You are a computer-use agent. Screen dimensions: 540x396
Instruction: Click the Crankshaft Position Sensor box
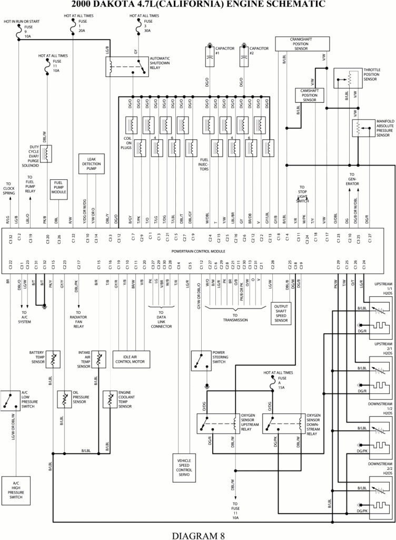click(x=302, y=43)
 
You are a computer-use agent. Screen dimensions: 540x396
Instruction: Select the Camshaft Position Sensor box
click(x=309, y=95)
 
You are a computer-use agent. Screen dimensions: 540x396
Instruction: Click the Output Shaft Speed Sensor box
click(x=281, y=313)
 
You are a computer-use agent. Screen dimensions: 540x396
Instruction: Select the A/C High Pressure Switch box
click(x=15, y=490)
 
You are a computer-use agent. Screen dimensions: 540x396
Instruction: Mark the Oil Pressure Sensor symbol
click(x=64, y=399)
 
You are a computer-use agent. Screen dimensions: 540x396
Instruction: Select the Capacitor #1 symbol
click(x=210, y=56)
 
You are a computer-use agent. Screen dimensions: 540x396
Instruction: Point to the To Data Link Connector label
click(x=161, y=319)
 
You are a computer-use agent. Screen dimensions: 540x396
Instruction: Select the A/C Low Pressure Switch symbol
click(x=10, y=401)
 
